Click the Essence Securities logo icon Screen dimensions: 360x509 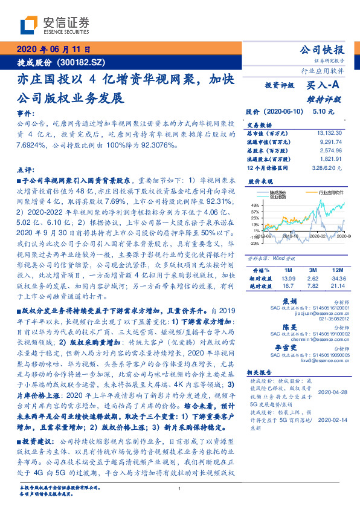pos(28,26)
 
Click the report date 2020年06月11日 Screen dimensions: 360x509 pos(53,50)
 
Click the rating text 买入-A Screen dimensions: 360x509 pos(324,86)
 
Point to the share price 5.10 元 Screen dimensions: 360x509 pos(323,112)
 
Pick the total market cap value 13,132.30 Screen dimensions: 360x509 pos(329,132)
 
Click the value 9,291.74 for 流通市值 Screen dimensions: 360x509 pos(330,140)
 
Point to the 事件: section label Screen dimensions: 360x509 pos(25,114)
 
